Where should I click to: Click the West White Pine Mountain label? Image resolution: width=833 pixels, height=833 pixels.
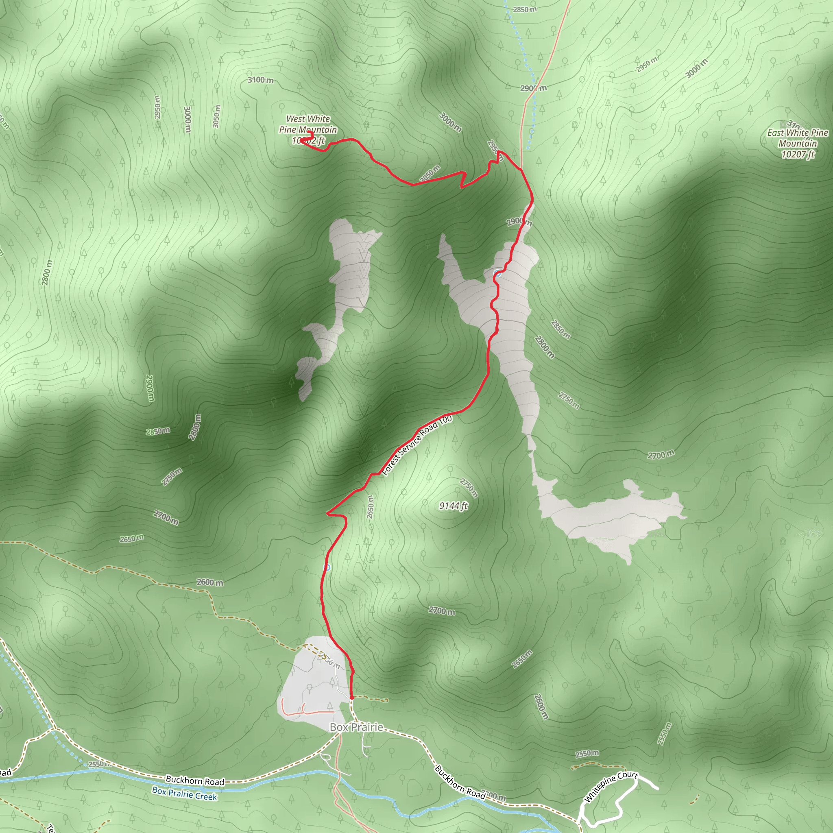tap(308, 124)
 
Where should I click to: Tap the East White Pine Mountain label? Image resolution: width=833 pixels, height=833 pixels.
tap(797, 138)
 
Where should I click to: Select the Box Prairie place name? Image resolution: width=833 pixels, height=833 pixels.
tap(356, 727)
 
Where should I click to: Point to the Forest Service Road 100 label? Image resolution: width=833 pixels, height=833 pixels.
tap(417, 446)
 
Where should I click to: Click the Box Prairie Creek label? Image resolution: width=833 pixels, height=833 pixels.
tap(185, 793)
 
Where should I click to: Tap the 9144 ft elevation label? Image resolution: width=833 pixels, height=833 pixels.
tap(453, 506)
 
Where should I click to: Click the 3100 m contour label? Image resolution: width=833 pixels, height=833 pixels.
tap(260, 80)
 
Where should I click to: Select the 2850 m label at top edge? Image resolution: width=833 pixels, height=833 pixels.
tap(524, 9)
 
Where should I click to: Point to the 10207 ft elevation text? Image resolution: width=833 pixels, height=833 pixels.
tap(798, 154)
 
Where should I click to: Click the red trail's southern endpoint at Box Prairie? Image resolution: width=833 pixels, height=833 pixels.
tap(352, 697)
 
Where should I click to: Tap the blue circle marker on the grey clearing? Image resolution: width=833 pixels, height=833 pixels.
tap(497, 273)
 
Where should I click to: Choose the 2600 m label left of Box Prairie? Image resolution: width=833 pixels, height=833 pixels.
tap(210, 582)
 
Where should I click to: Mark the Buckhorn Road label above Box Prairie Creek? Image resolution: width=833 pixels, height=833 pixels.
tap(195, 781)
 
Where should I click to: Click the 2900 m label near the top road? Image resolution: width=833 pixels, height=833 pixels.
tap(533, 88)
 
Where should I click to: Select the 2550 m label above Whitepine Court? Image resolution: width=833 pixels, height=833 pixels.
tap(587, 753)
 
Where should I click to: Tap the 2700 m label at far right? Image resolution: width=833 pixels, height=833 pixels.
tap(661, 454)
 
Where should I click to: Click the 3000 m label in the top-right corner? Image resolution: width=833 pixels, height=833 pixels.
tap(697, 68)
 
